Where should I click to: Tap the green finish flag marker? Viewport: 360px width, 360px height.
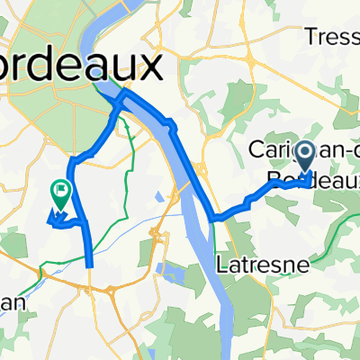61,191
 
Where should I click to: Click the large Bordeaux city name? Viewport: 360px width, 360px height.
81,64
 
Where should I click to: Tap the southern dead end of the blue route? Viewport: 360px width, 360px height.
91,265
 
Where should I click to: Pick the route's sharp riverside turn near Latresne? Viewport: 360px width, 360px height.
212,218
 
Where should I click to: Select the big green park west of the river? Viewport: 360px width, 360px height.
45,99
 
